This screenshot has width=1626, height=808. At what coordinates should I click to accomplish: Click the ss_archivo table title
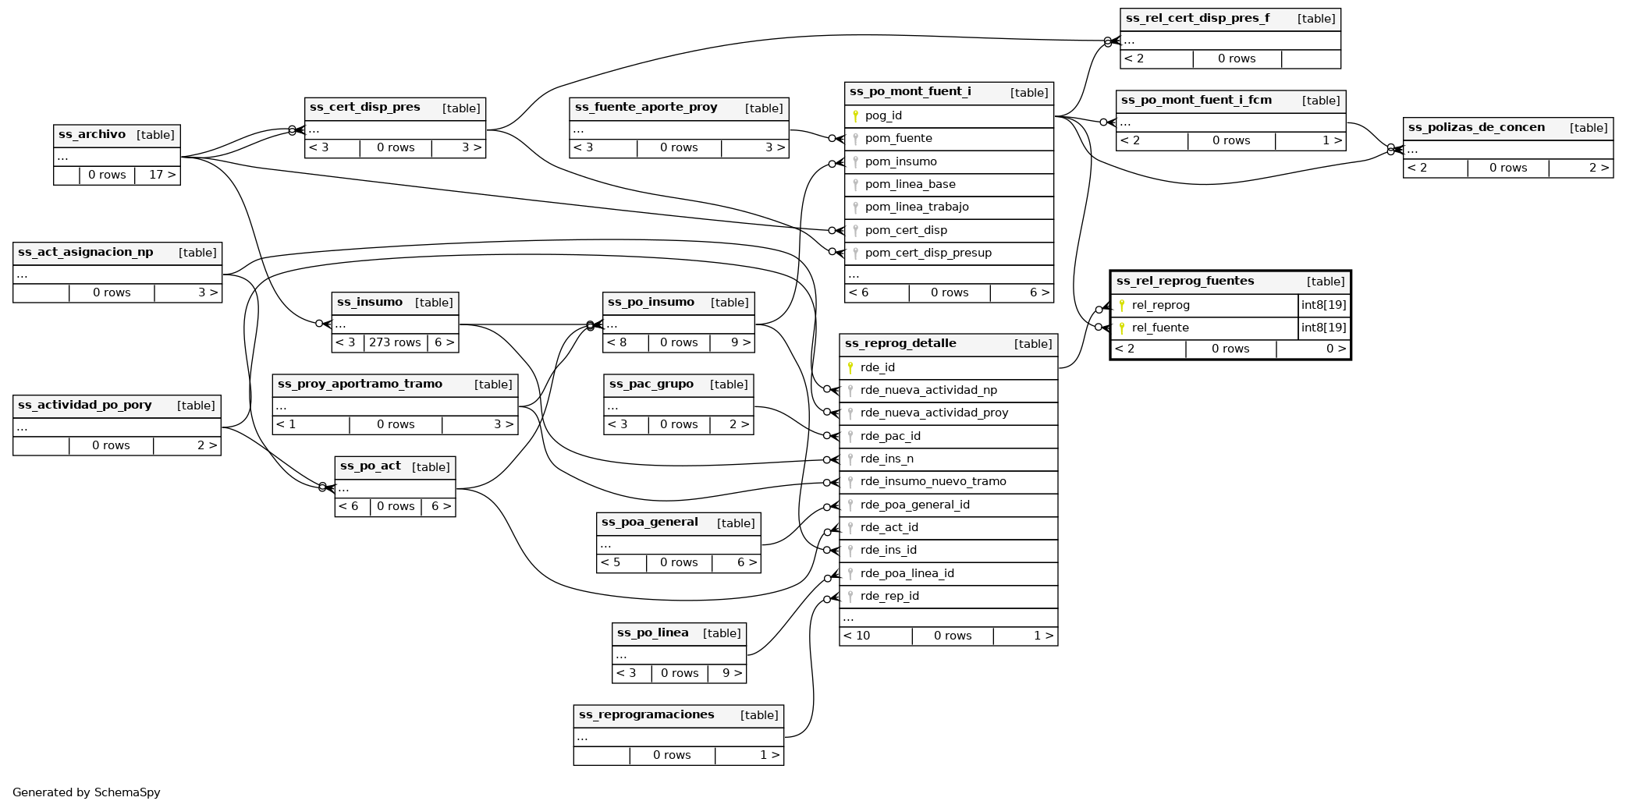(x=92, y=135)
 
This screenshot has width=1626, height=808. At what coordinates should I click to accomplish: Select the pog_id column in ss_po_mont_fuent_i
(x=883, y=116)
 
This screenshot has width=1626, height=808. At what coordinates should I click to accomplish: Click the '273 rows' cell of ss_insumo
(x=395, y=342)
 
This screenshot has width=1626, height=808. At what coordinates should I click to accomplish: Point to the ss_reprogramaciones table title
(x=646, y=715)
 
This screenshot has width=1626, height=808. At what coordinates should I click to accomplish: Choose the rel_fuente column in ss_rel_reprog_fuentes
(x=1160, y=328)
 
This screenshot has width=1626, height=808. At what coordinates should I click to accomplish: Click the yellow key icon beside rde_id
(x=850, y=367)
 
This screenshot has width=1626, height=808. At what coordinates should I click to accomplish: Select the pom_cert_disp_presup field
(x=928, y=253)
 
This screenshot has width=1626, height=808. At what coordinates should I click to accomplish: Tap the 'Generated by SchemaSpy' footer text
(x=87, y=792)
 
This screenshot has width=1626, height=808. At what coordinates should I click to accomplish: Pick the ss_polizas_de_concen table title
(x=1476, y=128)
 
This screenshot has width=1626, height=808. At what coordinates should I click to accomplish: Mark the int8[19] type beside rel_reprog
(x=1323, y=305)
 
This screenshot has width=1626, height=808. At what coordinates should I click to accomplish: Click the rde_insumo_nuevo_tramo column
(x=933, y=482)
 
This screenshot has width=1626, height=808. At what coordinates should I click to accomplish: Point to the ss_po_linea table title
(x=652, y=633)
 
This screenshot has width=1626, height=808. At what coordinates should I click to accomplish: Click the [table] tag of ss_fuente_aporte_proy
(x=763, y=108)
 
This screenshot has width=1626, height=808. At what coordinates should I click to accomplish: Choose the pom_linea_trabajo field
(x=917, y=207)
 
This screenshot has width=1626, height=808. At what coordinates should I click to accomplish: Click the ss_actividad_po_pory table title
(x=84, y=406)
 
